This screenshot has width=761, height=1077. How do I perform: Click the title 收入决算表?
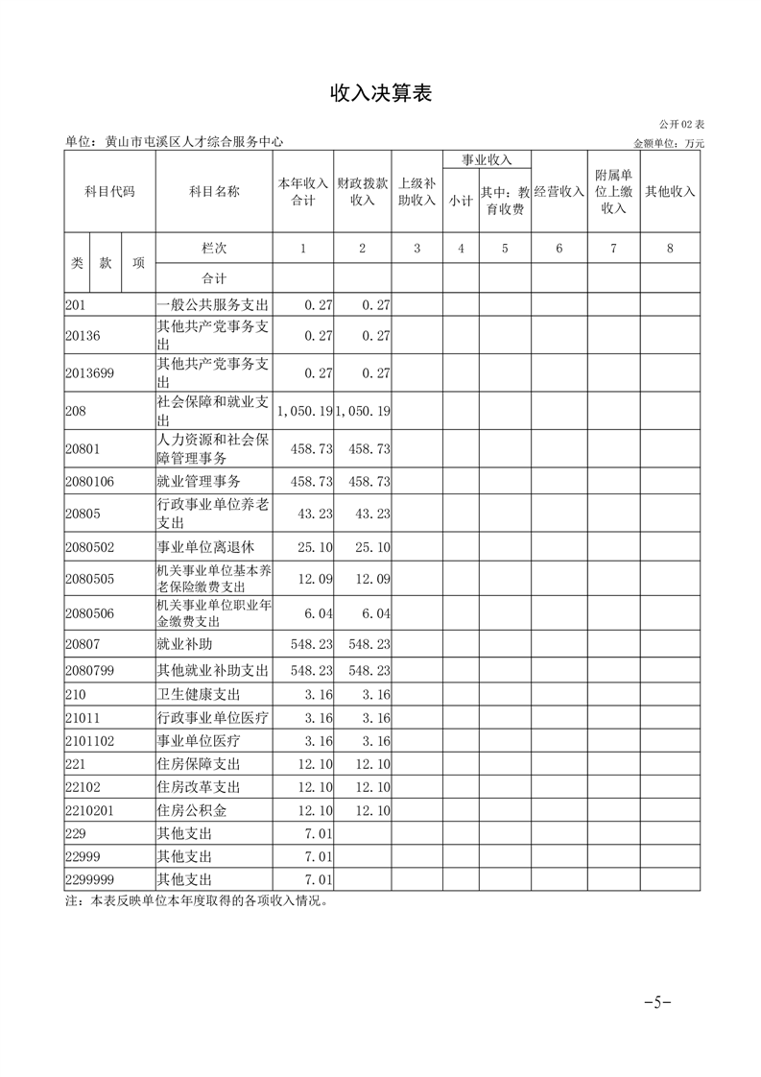click(381, 92)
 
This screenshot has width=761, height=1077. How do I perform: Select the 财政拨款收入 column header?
click(363, 191)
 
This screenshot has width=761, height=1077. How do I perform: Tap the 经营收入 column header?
click(559, 191)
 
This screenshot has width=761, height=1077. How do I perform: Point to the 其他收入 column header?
click(670, 191)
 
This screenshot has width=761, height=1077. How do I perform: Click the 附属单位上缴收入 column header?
click(614, 191)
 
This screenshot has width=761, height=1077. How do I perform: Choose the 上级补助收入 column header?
click(417, 191)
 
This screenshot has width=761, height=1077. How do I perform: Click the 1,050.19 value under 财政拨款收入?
click(363, 411)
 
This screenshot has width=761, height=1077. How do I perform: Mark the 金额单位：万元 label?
click(669, 143)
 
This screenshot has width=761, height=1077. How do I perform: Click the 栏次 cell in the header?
click(214, 248)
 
